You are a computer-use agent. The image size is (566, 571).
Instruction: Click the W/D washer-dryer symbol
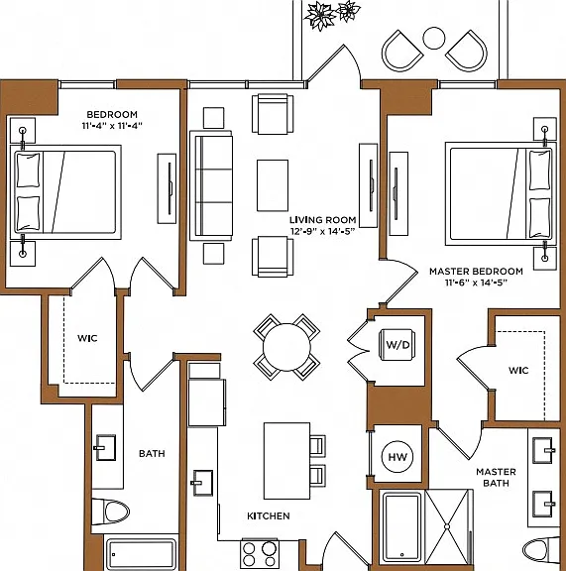pyautogui.click(x=397, y=345)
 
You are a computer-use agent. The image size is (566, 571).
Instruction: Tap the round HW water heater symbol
pyautogui.click(x=397, y=457)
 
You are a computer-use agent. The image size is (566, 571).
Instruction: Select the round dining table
pyautogui.click(x=286, y=347)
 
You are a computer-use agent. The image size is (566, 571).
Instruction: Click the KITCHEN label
pyautogui.click(x=269, y=516)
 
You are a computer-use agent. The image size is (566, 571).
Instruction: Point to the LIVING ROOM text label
pyautogui.click(x=323, y=220)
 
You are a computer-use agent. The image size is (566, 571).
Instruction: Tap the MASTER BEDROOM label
pyautogui.click(x=476, y=272)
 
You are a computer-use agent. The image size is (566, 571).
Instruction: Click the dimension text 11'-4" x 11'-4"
pyautogui.click(x=112, y=126)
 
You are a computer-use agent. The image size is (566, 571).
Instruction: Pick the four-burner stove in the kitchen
pyautogui.click(x=260, y=553)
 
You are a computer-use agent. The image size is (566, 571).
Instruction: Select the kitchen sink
pyautogui.click(x=202, y=483)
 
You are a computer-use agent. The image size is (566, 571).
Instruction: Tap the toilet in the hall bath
pyautogui.click(x=111, y=512)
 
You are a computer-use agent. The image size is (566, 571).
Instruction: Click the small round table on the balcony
pyautogui.click(x=434, y=39)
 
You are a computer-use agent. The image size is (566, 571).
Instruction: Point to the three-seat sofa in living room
pyautogui.click(x=211, y=185)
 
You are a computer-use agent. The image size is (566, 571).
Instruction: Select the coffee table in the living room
pyautogui.click(x=273, y=185)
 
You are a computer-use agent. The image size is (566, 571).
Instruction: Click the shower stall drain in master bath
pyautogui.click(x=447, y=526)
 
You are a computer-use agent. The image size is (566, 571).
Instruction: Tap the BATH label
pyautogui.click(x=152, y=453)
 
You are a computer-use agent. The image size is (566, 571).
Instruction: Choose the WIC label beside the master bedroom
pyautogui.click(x=518, y=371)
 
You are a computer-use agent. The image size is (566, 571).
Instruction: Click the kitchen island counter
pyautogui.click(x=287, y=461)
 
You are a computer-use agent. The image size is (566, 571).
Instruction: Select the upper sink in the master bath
pyautogui.click(x=542, y=450)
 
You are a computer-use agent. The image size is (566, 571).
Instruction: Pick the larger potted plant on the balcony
pyautogui.click(x=320, y=16)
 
